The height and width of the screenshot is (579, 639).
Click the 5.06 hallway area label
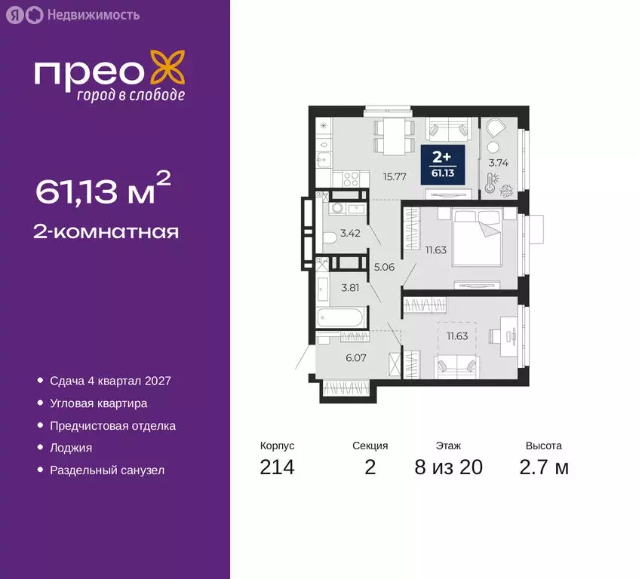tap(384, 265)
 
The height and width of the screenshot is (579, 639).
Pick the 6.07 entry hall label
tap(356, 358)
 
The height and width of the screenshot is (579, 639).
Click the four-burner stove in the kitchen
tap(352, 179)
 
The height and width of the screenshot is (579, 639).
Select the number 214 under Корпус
tap(277, 467)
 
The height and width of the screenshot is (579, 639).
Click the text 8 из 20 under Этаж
tap(448, 467)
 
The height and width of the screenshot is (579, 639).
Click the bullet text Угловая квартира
tap(98, 403)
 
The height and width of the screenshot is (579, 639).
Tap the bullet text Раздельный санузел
tap(106, 470)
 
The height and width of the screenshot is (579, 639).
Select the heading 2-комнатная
tap(106, 231)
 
